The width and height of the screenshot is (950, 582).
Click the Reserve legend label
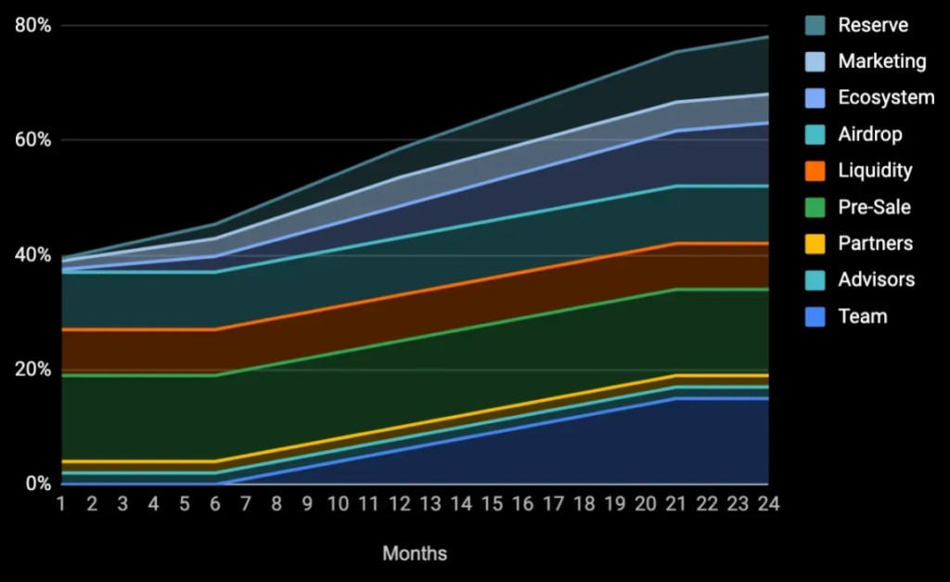coord(873,25)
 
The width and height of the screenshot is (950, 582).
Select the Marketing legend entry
coord(881,61)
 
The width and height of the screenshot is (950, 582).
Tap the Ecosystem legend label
coord(886,97)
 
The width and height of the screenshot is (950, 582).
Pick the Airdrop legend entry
coord(869,135)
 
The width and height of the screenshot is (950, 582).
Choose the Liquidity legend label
coord(875,171)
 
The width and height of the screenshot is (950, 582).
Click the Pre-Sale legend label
coord(874,207)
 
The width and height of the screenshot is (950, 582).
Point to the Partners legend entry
coord(875,243)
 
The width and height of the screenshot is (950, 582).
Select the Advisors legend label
coord(876,279)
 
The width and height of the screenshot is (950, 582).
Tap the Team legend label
coord(862,317)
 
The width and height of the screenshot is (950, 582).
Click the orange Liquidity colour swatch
coord(815,171)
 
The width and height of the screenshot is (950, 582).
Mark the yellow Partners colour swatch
coord(815,243)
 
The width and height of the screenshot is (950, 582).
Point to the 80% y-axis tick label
coord(32,26)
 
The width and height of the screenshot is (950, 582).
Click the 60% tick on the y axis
coord(32,140)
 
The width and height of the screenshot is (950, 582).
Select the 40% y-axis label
coord(32,254)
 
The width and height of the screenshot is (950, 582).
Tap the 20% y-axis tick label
coord(32,369)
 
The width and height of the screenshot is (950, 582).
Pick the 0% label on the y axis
coord(38,484)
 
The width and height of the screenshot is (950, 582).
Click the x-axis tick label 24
coord(767,504)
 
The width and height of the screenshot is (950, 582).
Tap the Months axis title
coord(415,554)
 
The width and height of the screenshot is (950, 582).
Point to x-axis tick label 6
coord(214,504)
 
